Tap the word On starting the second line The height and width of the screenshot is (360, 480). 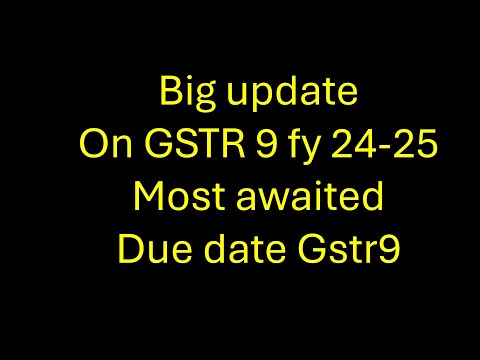click(101, 145)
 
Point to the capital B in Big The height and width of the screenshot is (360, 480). click(170, 95)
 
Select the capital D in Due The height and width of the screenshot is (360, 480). click(128, 245)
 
